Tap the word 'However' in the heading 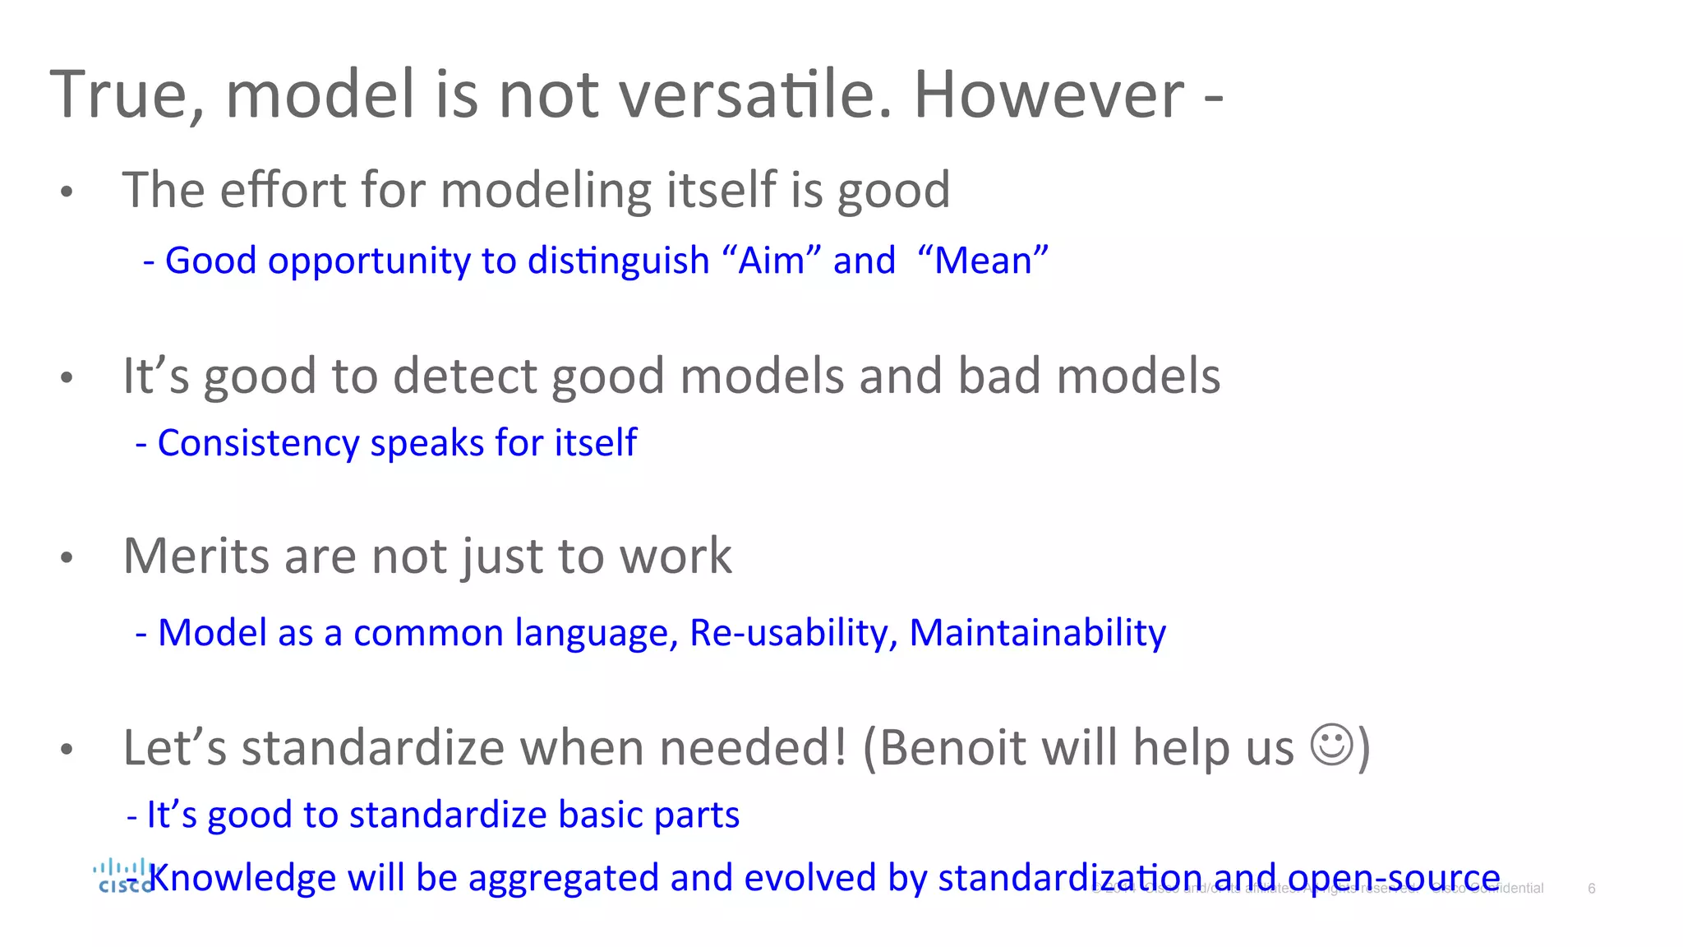tap(1049, 95)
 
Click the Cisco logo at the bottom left tap(123, 876)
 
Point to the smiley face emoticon tap(1330, 745)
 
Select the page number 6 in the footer tap(1591, 889)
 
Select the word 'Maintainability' tap(1037, 633)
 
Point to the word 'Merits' tap(196, 557)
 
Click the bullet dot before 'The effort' tap(67, 192)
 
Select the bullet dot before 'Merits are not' tap(67, 558)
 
